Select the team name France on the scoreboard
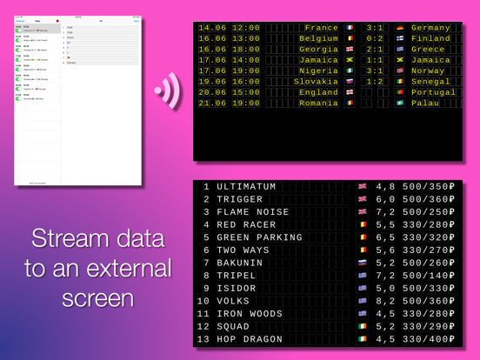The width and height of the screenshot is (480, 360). point(322,28)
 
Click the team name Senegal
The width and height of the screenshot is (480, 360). point(432,81)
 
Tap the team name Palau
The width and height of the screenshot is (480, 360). point(427,103)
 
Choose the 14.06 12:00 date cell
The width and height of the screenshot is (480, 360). point(230,28)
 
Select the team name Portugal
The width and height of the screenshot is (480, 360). point(432,92)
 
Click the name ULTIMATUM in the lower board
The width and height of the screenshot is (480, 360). point(246,187)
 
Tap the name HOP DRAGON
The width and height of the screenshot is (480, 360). point(250,339)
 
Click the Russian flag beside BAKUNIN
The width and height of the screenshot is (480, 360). point(363,262)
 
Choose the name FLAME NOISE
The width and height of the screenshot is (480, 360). point(253,212)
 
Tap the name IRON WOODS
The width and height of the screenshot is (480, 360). point(250,313)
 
